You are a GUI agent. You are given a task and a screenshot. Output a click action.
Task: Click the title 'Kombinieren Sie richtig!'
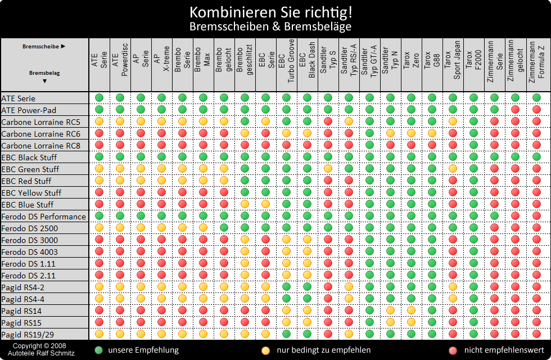275,12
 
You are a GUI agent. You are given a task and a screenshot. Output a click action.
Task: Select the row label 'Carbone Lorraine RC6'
41,134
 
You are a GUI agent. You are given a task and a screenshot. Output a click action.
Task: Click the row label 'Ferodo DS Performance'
44,217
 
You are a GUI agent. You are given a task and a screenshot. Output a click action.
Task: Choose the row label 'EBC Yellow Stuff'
31,193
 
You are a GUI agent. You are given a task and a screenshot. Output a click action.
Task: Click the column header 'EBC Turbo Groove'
286,62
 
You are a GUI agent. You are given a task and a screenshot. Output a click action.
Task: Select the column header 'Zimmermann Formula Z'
536,62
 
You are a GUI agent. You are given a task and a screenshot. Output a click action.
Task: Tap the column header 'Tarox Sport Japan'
453,62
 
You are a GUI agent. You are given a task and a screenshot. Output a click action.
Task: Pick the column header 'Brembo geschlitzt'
245,62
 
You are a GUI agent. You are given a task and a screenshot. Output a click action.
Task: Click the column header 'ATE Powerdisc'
120,62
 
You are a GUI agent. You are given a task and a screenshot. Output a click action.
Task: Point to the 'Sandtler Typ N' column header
390,62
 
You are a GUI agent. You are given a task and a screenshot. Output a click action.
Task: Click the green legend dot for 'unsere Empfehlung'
99,350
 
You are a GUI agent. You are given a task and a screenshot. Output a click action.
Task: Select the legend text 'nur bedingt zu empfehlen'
323,350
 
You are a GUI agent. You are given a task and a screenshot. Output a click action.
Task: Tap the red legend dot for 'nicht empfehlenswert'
453,350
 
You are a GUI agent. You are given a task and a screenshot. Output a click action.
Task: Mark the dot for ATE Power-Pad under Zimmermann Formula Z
536,110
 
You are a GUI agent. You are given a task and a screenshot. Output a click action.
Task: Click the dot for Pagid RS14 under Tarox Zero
411,310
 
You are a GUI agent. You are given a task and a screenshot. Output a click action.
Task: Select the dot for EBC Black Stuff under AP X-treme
161,157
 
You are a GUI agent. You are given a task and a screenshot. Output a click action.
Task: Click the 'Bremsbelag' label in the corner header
44,73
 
